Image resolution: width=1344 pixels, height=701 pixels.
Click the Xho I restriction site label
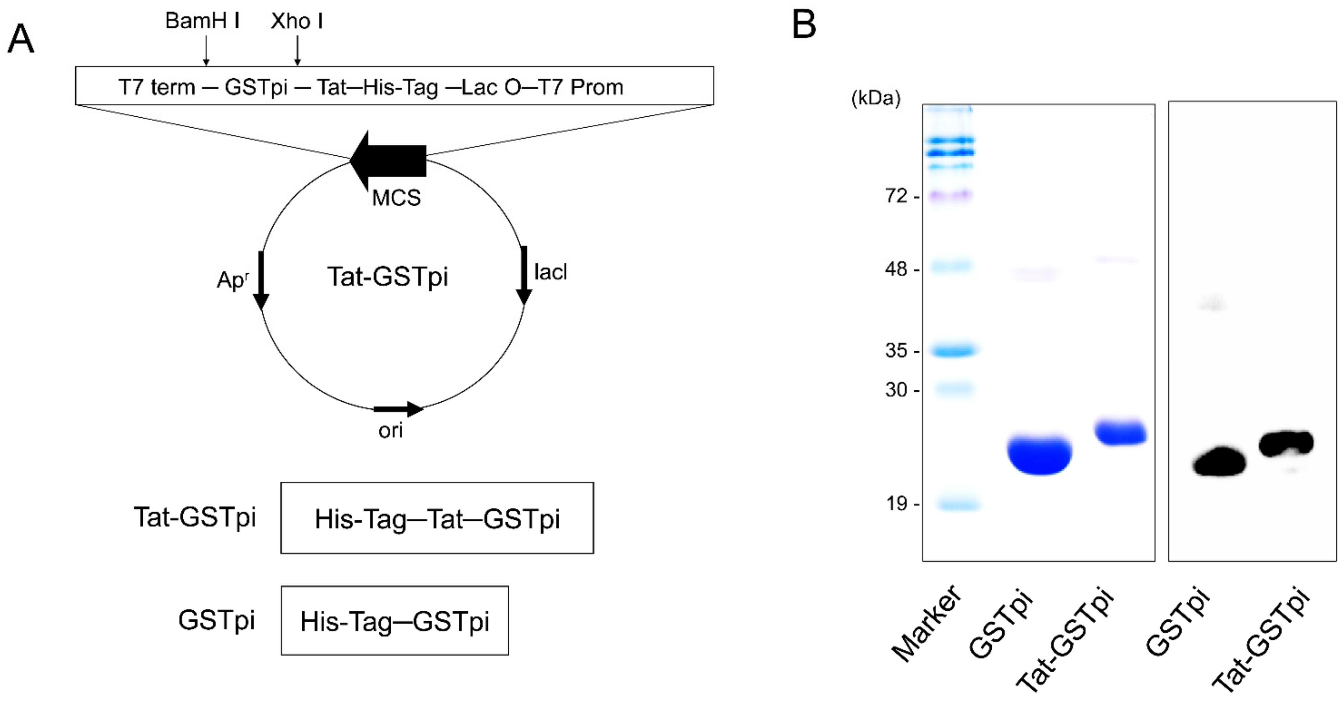(x=296, y=21)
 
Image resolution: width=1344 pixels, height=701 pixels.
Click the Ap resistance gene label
(x=233, y=280)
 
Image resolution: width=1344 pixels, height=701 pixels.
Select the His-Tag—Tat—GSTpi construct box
(x=437, y=518)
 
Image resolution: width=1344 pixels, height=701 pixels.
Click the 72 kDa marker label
(x=896, y=196)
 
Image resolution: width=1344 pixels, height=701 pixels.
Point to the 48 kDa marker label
(x=896, y=269)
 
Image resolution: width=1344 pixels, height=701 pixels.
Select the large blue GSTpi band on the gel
(x=1039, y=455)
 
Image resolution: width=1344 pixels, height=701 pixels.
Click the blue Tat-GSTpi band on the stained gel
(x=1120, y=432)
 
